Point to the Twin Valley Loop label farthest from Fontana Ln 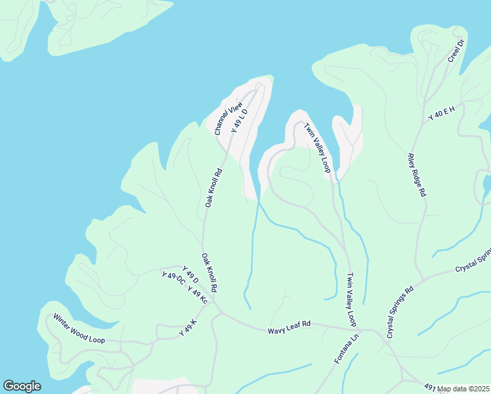click(316, 148)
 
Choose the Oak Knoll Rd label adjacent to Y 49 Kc click(209, 273)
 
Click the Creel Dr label click(456, 51)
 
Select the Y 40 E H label click(442, 113)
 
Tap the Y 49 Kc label click(197, 295)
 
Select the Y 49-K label click(188, 328)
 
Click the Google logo click(22, 386)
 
